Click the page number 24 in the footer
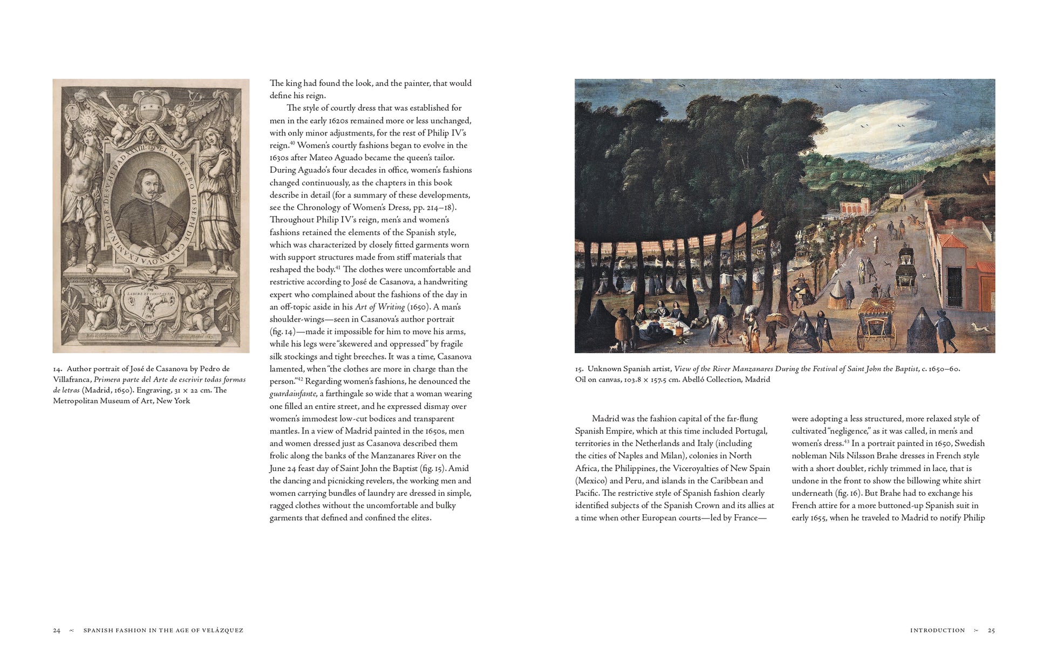[57, 630]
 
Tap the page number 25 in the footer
[991, 630]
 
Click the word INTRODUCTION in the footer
[937, 630]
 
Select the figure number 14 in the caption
[57, 369]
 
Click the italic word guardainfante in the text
[292, 394]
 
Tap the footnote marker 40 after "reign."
[292, 143]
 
